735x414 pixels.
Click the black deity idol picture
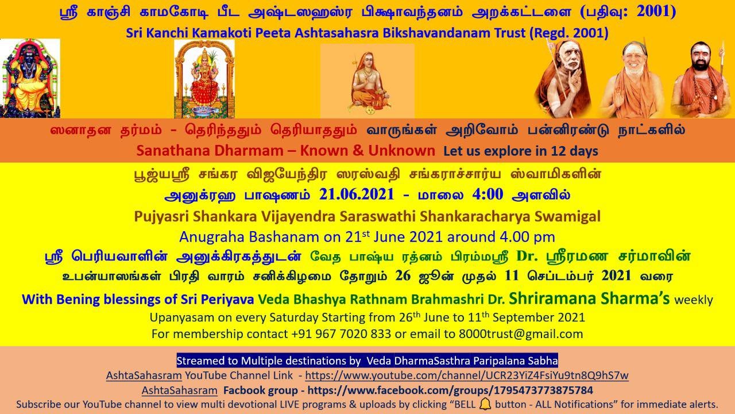(30, 78)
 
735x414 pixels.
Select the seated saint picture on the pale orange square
(367, 81)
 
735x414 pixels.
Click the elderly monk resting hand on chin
(564, 78)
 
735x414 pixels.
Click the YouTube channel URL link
(467, 375)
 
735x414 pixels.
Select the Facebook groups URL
(450, 390)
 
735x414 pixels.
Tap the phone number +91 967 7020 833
(341, 334)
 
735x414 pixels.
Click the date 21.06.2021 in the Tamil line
(357, 194)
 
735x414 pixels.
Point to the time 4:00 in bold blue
(488, 194)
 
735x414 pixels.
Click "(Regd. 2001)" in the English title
(569, 33)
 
